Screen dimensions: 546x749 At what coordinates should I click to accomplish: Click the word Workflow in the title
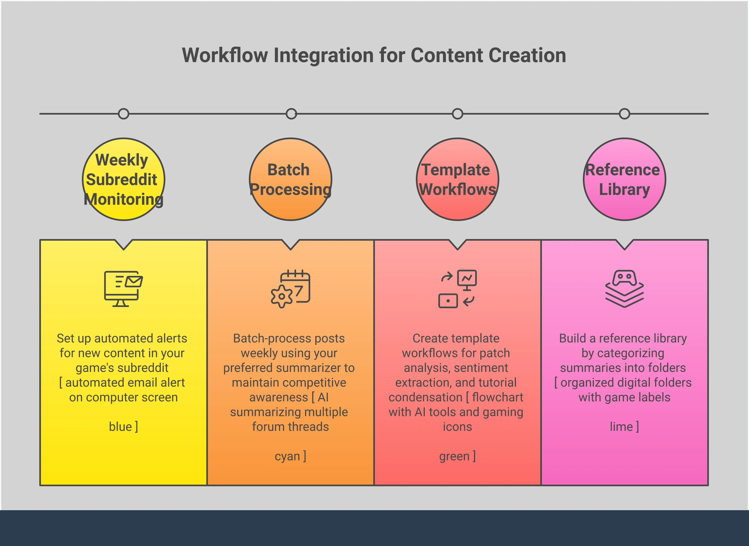[x=225, y=55]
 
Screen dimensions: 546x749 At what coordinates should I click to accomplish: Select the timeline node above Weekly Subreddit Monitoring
[x=124, y=114]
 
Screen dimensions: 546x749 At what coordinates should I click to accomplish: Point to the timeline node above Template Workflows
[x=457, y=114]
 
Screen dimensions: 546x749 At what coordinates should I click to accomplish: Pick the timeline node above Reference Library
[x=624, y=114]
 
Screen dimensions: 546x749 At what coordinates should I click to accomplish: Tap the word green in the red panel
[x=454, y=456]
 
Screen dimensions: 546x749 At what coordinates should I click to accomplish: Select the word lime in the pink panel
[x=621, y=427]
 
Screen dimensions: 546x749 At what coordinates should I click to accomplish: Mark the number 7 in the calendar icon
[x=299, y=291]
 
